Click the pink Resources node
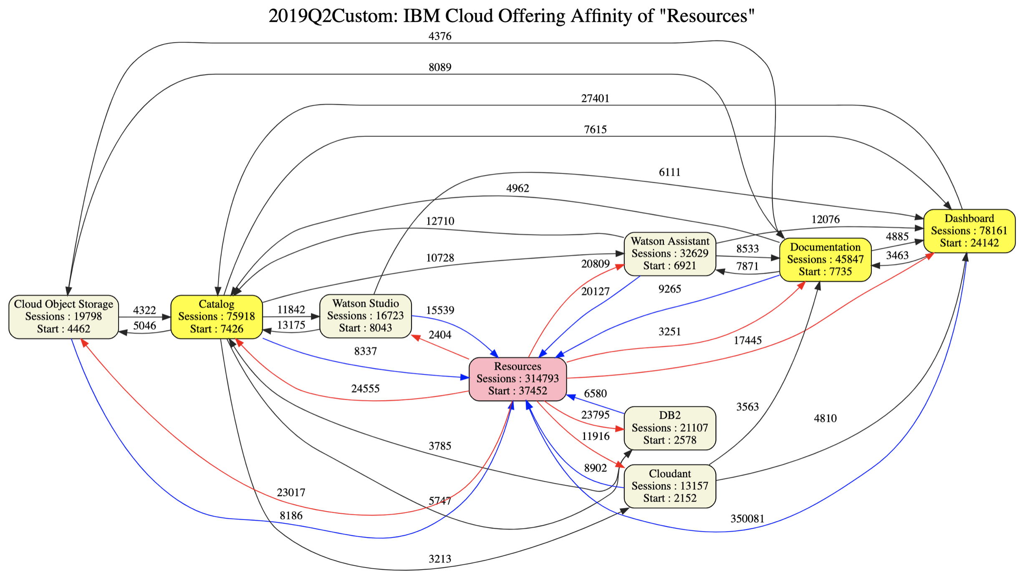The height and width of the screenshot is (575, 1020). coord(518,378)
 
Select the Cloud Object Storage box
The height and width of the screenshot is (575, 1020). coord(63,316)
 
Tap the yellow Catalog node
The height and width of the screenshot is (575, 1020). coord(216,316)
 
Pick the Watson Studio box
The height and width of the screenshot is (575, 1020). coord(365,315)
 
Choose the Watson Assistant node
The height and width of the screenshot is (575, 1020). coord(669,253)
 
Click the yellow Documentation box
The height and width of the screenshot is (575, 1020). coord(825,259)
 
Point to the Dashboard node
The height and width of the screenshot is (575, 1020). coord(969,230)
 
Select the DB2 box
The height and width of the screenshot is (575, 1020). coord(669,428)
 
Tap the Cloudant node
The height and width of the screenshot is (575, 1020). coord(669,486)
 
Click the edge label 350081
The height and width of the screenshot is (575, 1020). coord(747,519)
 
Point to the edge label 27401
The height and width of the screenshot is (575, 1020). coord(595,98)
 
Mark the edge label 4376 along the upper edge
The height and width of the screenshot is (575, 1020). coord(440,36)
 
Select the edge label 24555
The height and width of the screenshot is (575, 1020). coord(365,388)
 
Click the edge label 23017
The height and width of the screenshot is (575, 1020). coord(291,492)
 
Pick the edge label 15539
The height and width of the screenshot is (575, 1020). coord(440,310)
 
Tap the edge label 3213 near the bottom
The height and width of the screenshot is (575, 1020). coord(440,559)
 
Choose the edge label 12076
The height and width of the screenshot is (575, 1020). coord(825,219)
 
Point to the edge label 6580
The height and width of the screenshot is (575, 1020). coord(595,393)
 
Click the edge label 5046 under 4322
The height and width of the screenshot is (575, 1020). coord(144,325)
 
